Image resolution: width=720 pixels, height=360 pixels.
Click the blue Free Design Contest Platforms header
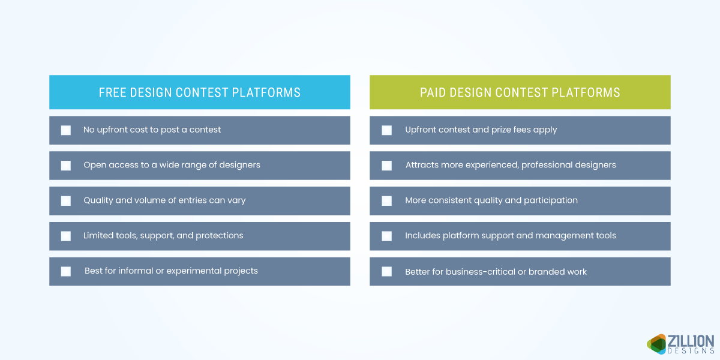click(199, 92)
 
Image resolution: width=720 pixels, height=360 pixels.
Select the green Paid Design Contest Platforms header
click(520, 92)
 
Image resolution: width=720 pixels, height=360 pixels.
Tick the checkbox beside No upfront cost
click(66, 130)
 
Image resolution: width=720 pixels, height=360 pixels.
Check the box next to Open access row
click(66, 166)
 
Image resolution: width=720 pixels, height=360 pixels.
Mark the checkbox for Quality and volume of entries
click(66, 201)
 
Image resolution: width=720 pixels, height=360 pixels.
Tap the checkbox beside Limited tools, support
click(66, 236)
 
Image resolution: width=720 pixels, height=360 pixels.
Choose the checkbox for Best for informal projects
click(66, 271)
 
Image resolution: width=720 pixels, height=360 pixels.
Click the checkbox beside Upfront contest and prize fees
click(386, 130)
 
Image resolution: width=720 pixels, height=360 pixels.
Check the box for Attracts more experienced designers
click(386, 166)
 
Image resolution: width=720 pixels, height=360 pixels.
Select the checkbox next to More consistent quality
click(386, 201)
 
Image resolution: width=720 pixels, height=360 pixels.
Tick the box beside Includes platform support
click(386, 236)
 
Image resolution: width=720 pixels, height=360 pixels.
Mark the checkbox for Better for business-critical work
click(386, 272)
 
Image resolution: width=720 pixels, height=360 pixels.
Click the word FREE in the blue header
click(112, 92)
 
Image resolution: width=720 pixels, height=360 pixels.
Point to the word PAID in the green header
click(433, 92)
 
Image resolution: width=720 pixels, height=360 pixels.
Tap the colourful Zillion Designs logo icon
click(657, 343)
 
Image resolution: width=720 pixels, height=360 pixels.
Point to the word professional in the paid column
click(540, 165)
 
